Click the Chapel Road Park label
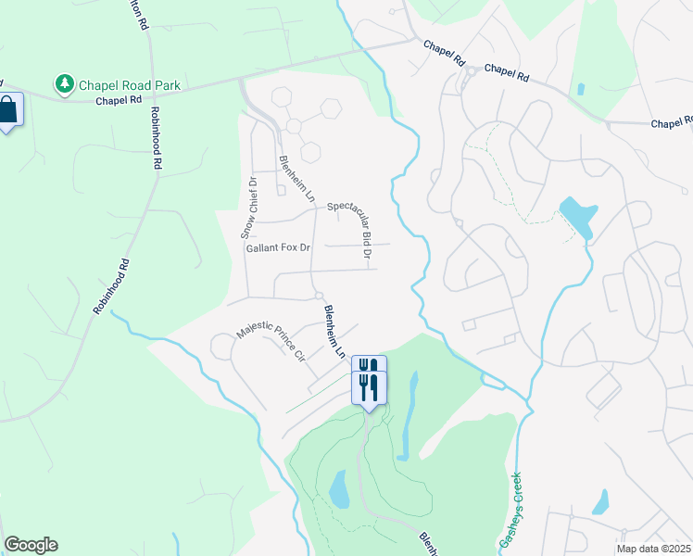[129, 85]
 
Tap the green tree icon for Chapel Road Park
[65, 85]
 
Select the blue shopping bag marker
[7, 109]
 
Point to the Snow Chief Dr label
[249, 206]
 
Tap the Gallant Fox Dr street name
[277, 249]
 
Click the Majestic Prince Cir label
[271, 341]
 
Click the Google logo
[31, 545]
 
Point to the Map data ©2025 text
[653, 549]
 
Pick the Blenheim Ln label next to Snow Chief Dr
[296, 181]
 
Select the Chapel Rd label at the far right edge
[672, 123]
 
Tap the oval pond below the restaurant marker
[339, 488]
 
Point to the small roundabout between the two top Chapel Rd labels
[472, 70]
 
